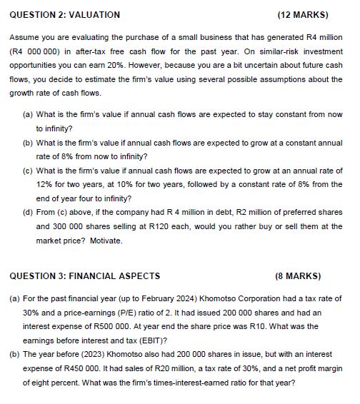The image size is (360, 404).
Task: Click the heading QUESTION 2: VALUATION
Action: click(64, 14)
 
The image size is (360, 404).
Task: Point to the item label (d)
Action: click(28, 213)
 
